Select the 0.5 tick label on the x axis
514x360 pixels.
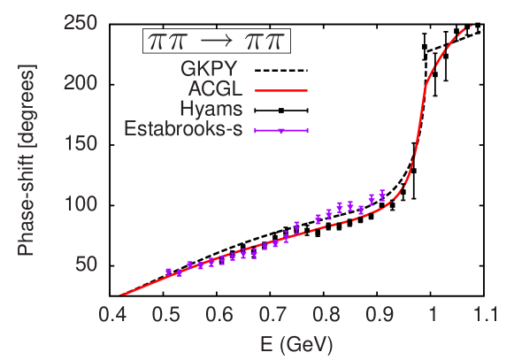pyautogui.click(x=165, y=316)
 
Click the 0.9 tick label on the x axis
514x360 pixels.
pyautogui.click(x=380, y=316)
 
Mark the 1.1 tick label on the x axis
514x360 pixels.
pyautogui.click(x=485, y=316)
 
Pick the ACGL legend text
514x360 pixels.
pyautogui.click(x=219, y=89)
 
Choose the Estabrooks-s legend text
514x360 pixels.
pyautogui.click(x=187, y=130)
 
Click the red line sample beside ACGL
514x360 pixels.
pyautogui.click(x=280, y=90)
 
